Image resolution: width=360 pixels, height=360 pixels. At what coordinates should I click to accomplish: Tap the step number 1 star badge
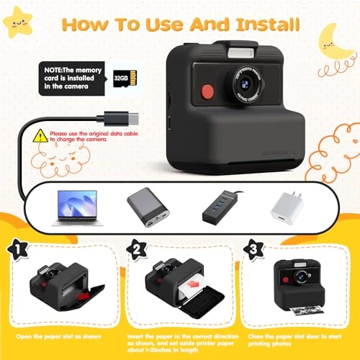[x=17, y=248]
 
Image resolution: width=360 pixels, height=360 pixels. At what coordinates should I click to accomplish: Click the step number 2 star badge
[x=135, y=248]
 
